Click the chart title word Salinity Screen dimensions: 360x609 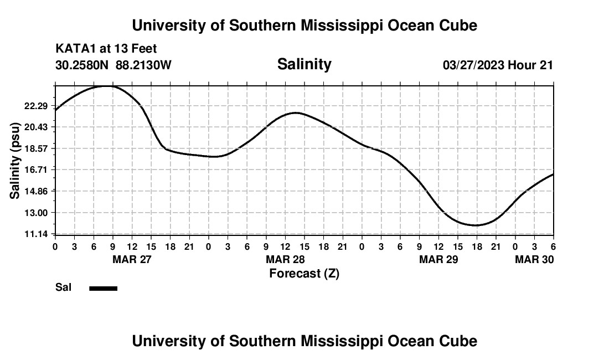click(x=304, y=64)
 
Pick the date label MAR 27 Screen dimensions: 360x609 click(x=132, y=259)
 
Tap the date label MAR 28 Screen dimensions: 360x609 click(x=286, y=259)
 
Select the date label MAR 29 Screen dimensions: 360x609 click(x=439, y=259)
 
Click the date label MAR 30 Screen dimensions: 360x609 click(x=535, y=259)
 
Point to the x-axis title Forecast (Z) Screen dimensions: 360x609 click(x=304, y=273)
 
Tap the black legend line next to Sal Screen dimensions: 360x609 click(x=104, y=288)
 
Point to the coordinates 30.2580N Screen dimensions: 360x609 click(x=83, y=65)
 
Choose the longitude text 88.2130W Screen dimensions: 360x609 click(x=143, y=65)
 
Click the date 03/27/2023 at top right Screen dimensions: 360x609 click(x=473, y=65)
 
